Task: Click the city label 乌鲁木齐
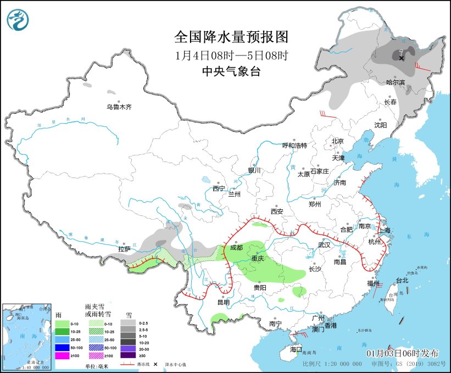coord(119,107)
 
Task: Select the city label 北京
coord(337,141)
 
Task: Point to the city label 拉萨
coord(125,249)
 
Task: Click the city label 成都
coord(236,248)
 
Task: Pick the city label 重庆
coord(258,258)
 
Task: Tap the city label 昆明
coord(223,302)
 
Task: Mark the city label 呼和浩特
coord(294,146)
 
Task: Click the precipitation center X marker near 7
coord(402,58)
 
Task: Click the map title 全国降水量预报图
coord(231,37)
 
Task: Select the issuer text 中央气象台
coord(231,71)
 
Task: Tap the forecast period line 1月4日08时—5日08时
coord(231,55)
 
